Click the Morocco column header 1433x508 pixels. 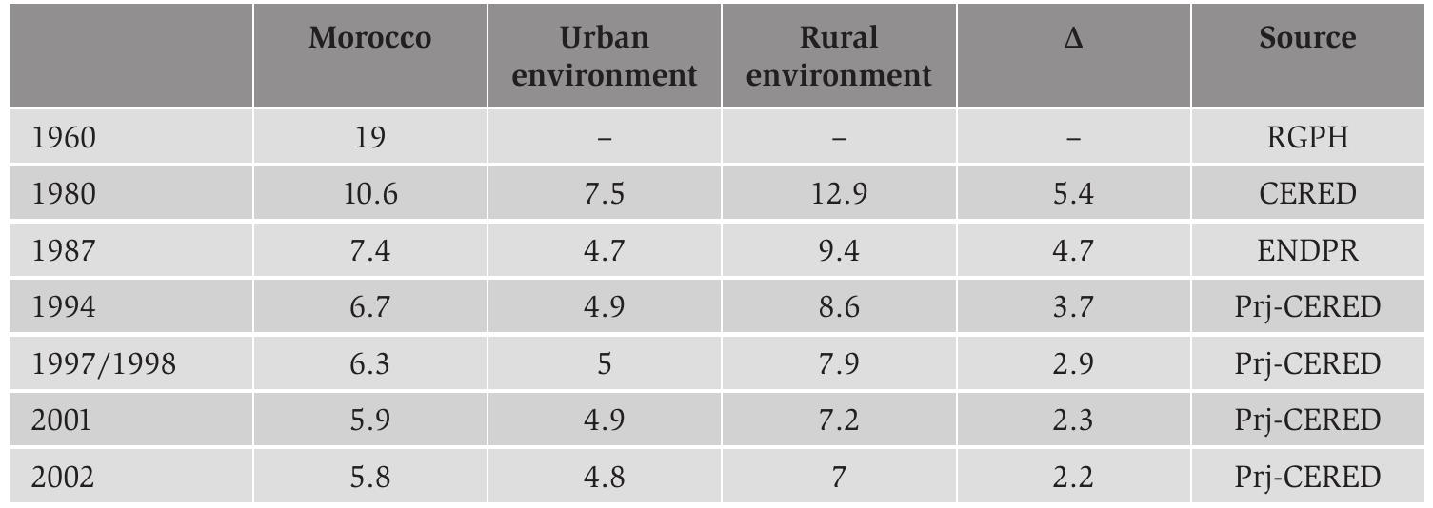(369, 38)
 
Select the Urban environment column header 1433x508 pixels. (604, 56)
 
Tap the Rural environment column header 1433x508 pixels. (838, 56)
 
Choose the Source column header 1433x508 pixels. (1307, 38)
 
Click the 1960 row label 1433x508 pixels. (64, 137)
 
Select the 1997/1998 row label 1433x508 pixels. (103, 363)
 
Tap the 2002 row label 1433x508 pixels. (63, 477)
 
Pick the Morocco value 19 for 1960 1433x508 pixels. (369, 137)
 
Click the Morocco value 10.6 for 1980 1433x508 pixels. (369, 194)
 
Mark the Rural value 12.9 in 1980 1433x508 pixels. (838, 194)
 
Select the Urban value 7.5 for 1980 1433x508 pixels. (604, 194)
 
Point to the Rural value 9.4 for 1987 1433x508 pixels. (838, 250)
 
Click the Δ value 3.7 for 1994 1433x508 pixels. (1073, 307)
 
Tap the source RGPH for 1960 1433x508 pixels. (1307, 137)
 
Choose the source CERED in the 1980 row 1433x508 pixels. (1307, 194)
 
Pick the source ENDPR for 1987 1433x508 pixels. (1307, 250)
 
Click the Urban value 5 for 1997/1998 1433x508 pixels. (604, 363)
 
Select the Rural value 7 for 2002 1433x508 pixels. (838, 477)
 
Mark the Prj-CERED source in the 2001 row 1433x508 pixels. (1307, 420)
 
